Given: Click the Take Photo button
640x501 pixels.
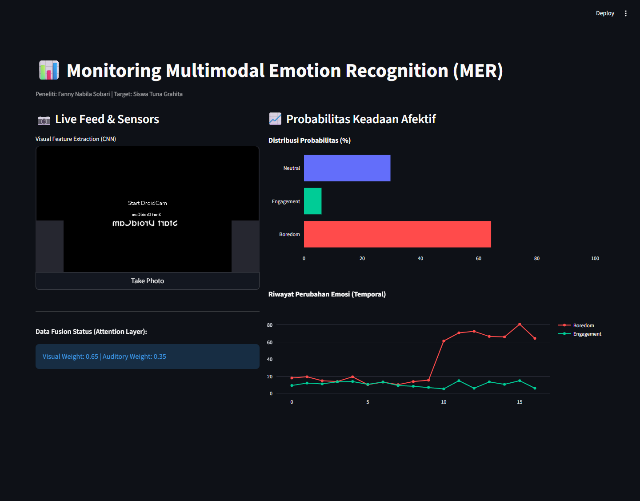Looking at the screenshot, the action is point(147,281).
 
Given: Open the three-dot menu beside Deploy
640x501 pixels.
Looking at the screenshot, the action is point(626,13).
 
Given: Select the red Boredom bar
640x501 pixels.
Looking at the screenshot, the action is point(397,234).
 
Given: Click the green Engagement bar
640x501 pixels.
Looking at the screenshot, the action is point(312,201).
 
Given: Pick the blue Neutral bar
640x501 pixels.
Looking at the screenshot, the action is point(347,168).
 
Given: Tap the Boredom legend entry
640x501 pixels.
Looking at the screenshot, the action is point(576,325).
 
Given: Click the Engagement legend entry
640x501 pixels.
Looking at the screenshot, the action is point(580,334).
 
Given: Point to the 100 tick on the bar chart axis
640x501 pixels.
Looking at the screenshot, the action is point(595,258).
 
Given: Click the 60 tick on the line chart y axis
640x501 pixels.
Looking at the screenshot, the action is point(269,342).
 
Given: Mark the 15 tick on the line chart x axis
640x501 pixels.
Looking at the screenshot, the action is point(520,402).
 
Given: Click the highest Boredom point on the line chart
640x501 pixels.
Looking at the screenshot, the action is point(520,324).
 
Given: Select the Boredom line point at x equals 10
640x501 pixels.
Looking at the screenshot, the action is point(444,341).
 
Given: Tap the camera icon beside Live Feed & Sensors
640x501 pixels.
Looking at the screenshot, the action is point(44,120).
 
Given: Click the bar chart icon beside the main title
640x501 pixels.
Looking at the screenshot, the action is point(49,70).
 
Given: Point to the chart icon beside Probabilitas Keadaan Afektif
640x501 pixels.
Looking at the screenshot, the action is point(275,119).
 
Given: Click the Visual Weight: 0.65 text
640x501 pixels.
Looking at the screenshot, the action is point(70,357).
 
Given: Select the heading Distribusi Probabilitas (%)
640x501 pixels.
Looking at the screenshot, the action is point(309,140).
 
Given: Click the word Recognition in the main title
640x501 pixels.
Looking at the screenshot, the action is point(397,71).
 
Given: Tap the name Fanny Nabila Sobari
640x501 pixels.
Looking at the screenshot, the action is point(84,94).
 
